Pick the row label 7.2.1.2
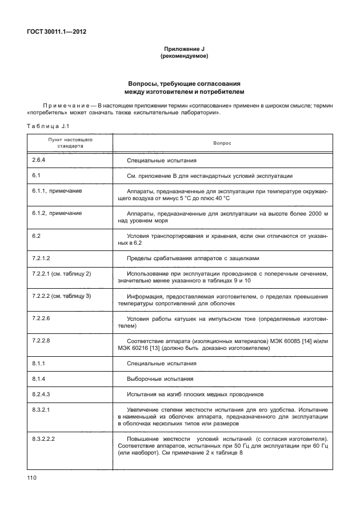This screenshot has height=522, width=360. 43,258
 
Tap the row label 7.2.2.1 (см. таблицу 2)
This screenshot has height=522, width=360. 62,274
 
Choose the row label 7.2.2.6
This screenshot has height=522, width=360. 43,317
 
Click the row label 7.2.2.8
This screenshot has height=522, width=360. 43,340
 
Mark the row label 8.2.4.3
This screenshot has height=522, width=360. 43,394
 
